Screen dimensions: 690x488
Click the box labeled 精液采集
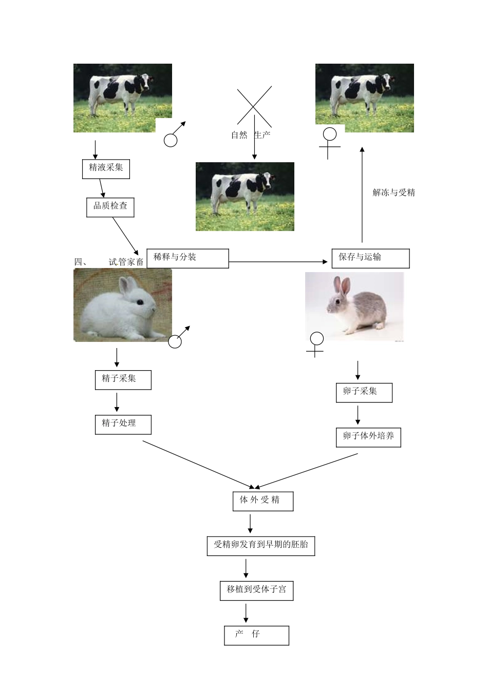pos(106,168)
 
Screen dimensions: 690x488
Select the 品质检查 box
pos(110,206)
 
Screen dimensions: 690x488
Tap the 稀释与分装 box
pos(187,258)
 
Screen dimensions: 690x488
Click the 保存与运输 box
pos(370,258)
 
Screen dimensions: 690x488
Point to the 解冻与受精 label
pos(393,193)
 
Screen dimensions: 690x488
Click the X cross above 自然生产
pos(254,106)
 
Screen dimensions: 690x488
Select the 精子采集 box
pos(123,380)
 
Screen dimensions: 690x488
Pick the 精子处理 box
pos(123,425)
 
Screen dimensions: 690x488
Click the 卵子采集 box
pos(364,392)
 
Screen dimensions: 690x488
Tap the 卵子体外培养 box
pos(368,437)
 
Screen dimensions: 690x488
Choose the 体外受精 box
pos(262,501)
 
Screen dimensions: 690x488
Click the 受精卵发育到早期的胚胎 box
pos(260,545)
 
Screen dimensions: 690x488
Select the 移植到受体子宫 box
pos(256,590)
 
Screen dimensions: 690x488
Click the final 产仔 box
pos(256,635)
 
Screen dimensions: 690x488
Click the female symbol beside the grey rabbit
pos(316,343)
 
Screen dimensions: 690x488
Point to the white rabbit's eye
pos(140,302)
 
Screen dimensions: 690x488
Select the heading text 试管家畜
pos(126,262)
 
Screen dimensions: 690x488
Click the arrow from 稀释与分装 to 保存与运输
pos(277,262)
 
